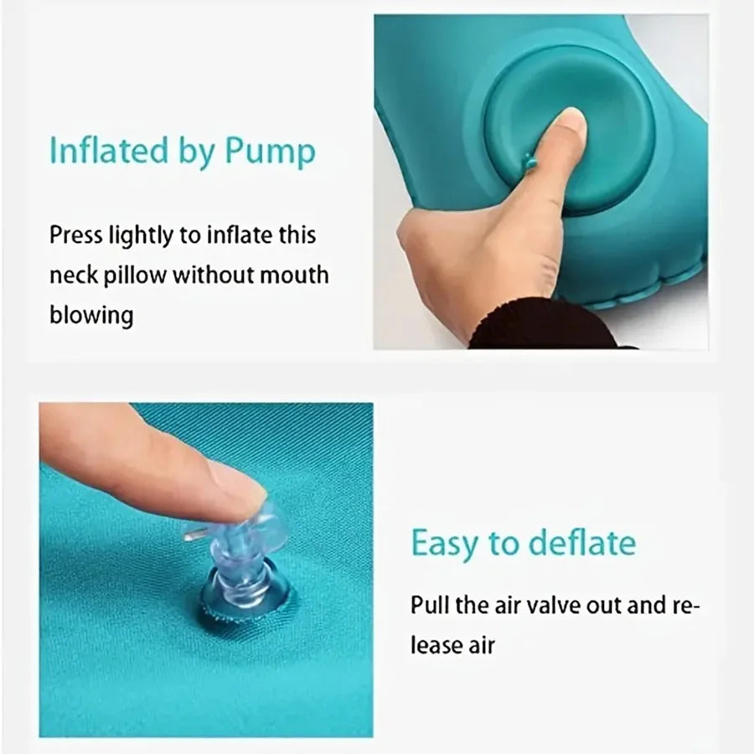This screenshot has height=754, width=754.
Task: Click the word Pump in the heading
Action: coord(271,153)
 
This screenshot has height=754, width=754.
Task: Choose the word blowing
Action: coord(91,316)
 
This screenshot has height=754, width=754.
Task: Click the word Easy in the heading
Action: coord(445,544)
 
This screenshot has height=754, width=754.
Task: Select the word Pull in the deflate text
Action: coord(430,605)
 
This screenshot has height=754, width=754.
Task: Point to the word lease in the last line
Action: coord(434,645)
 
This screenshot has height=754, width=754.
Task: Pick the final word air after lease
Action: coord(482,645)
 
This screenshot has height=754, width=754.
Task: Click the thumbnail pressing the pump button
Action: coord(569,124)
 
